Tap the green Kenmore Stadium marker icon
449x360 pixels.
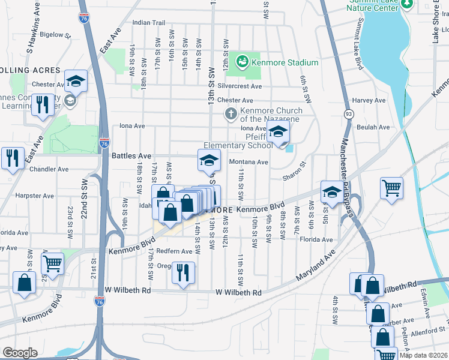[x=242, y=61]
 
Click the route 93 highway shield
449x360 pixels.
[x=348, y=113]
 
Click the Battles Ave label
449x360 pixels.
[x=131, y=155]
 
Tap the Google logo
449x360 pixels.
[x=20, y=352]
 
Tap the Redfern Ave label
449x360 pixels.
[x=174, y=251]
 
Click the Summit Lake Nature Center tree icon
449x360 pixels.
[x=408, y=4]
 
